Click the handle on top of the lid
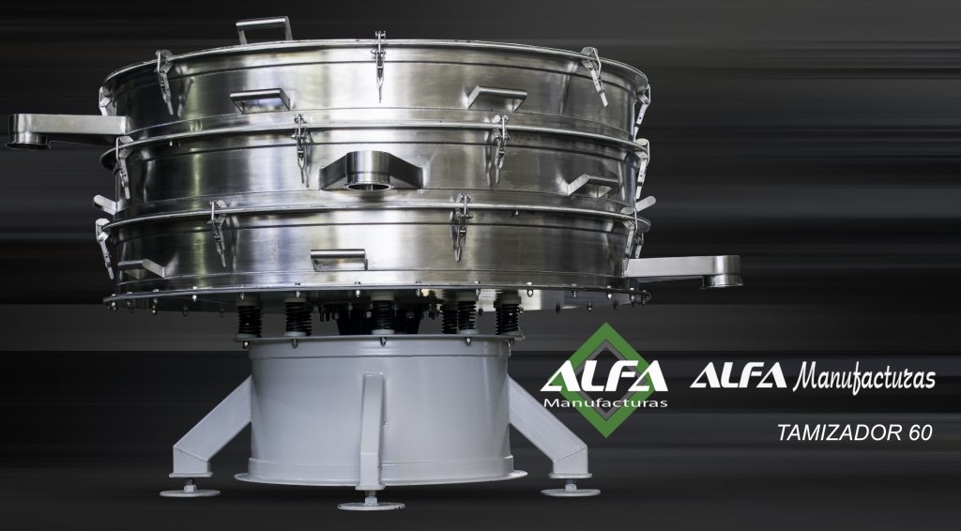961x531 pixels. pos(264,24)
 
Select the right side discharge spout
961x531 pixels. pos(685,270)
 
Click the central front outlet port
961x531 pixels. pos(371,171)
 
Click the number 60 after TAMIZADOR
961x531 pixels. pos(920,432)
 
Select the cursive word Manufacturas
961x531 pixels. pos(864,376)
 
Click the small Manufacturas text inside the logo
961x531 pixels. pos(605,403)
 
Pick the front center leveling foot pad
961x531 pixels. pos(371,505)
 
